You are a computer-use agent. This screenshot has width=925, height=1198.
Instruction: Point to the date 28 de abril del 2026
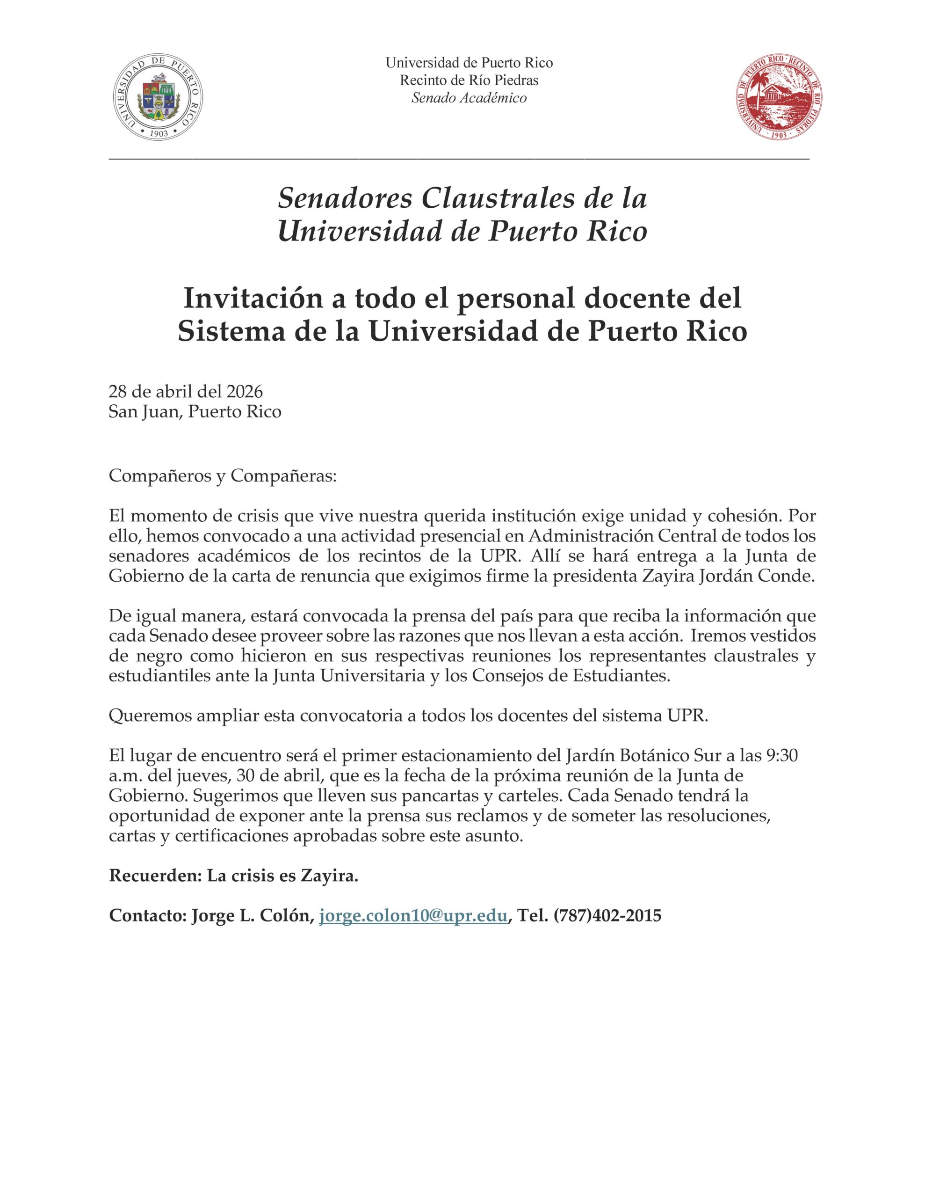pyautogui.click(x=186, y=392)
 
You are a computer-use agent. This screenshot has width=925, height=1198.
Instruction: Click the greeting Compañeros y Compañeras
pyautogui.click(x=222, y=475)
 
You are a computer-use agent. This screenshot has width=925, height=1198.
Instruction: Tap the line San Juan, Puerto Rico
pyautogui.click(x=195, y=411)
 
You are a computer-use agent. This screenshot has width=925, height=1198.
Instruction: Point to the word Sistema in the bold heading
pyautogui.click(x=224, y=332)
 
